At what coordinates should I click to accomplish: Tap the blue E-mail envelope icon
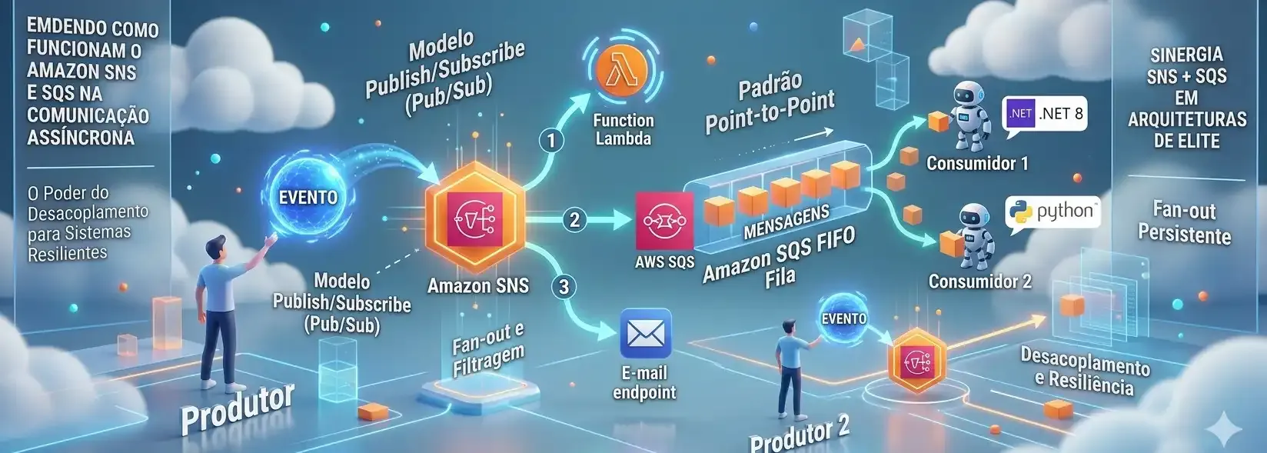tap(645, 334)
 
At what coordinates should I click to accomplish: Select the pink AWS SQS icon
tap(664, 222)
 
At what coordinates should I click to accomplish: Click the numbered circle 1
tap(551, 140)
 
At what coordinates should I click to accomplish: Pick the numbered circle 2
tap(574, 219)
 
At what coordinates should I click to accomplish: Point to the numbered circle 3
tap(564, 287)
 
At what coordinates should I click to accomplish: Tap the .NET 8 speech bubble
tap(1045, 115)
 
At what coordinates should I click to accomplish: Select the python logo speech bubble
tap(1052, 212)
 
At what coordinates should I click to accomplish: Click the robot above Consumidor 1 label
tap(970, 116)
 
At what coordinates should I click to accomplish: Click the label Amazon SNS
tap(478, 285)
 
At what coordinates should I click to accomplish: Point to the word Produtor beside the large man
tap(238, 408)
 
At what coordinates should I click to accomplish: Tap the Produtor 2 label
tap(799, 437)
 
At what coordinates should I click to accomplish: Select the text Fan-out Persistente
tap(1185, 223)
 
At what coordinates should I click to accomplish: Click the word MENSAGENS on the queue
tap(786, 222)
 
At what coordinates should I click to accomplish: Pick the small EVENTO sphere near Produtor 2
tap(843, 318)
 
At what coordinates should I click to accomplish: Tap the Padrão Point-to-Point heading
tap(770, 105)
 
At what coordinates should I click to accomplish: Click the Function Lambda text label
tap(624, 129)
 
